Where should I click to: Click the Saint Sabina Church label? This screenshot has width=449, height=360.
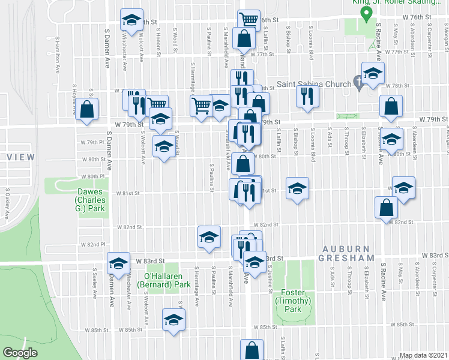pyautogui.click(x=313, y=84)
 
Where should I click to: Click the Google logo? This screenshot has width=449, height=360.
pyautogui.click(x=20, y=353)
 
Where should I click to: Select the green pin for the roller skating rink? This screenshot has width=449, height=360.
pyautogui.click(x=363, y=13)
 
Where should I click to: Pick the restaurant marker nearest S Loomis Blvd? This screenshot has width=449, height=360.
pyautogui.click(x=308, y=96)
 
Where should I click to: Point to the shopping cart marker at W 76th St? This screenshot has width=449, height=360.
pyautogui.click(x=249, y=19)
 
